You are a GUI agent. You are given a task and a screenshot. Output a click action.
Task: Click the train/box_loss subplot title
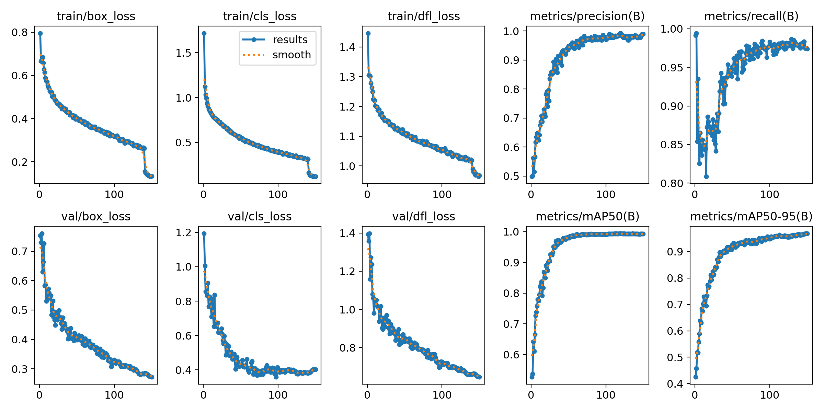96,16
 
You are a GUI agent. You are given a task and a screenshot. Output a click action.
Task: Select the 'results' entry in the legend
290,39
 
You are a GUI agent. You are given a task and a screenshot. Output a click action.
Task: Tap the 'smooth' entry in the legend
291,55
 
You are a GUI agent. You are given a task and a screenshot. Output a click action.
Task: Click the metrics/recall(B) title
751,16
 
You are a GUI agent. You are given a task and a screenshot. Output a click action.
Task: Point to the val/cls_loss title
260,216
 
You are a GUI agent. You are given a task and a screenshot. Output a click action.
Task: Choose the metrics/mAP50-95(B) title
751,216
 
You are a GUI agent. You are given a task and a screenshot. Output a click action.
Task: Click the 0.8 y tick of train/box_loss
20,33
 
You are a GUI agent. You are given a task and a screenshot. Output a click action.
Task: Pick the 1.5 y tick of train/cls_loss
183,53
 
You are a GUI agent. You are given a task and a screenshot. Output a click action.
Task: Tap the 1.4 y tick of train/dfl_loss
347,47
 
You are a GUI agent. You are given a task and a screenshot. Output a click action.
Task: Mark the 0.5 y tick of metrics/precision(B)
511,176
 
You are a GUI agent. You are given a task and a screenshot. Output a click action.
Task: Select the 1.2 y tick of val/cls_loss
183,233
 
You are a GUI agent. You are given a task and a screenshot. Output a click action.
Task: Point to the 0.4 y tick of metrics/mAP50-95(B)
675,384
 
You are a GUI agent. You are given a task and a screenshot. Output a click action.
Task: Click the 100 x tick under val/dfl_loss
442,395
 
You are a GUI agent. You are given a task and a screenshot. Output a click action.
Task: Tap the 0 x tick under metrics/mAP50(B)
531,395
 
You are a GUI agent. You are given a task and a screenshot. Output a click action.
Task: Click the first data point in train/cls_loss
204,33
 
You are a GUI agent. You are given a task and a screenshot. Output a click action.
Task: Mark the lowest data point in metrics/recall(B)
706,176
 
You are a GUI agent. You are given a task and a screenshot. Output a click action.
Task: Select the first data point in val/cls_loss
204,233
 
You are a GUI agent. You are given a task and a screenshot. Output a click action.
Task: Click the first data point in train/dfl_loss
368,33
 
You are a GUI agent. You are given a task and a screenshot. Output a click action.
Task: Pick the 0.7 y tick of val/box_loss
20,251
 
